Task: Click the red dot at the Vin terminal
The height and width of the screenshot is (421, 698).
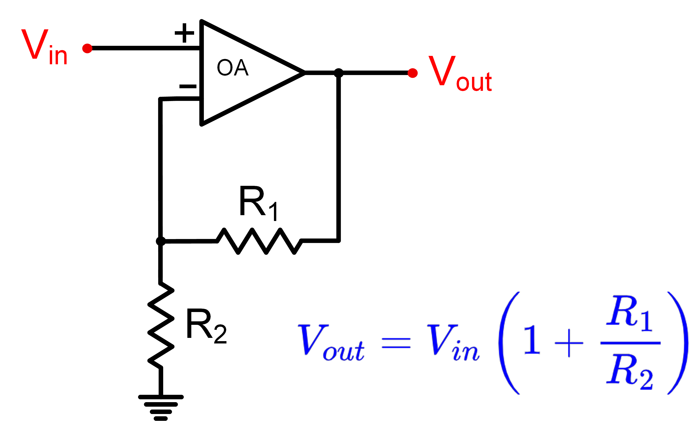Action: (x=87, y=48)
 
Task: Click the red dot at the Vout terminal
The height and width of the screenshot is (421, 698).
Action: (x=412, y=73)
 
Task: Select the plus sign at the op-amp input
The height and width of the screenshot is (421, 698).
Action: (x=184, y=33)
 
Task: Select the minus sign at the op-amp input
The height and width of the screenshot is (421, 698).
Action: (x=188, y=86)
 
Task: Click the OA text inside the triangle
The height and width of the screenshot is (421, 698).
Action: (x=233, y=68)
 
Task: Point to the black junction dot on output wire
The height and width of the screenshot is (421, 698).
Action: (x=338, y=73)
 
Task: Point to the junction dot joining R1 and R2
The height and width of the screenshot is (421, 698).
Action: (x=161, y=241)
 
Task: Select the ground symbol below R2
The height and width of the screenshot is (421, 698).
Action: (x=161, y=407)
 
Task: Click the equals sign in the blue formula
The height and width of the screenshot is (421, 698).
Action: (x=396, y=343)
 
